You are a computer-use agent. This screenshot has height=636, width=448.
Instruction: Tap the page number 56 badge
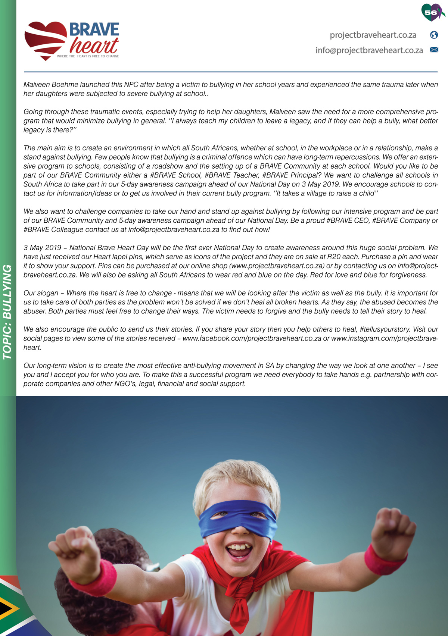(431, 12)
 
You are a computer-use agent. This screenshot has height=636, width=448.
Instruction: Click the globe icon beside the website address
(434, 35)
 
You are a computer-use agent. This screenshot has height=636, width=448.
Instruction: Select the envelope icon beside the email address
(434, 50)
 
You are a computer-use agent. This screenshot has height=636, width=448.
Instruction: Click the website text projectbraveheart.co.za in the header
(373, 35)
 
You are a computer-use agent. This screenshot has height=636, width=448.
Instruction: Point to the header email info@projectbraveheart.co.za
(369, 50)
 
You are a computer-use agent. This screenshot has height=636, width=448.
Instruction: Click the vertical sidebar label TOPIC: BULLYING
(7, 312)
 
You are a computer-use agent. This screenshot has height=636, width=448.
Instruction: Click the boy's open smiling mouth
(238, 549)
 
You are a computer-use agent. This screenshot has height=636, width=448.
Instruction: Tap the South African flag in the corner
(15, 608)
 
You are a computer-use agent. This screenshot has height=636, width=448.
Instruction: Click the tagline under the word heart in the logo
(88, 56)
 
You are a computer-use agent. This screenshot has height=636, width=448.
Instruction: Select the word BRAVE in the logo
(94, 29)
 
